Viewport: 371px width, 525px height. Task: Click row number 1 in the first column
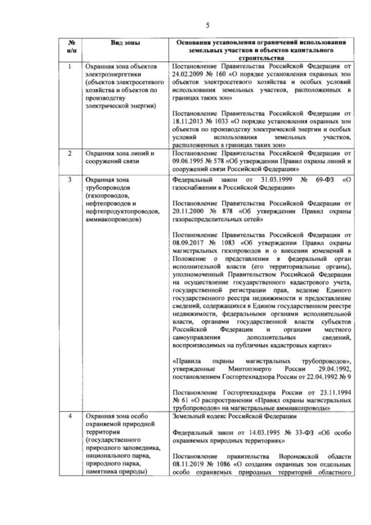click(x=70, y=67)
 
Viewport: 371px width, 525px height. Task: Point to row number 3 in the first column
click(x=70, y=180)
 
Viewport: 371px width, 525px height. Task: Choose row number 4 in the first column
click(x=70, y=417)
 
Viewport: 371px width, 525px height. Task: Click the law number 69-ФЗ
click(x=314, y=180)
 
